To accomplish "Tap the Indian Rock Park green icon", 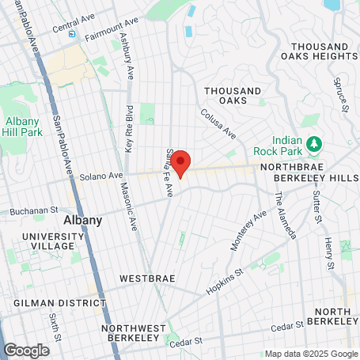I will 315,143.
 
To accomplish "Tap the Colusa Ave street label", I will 218,123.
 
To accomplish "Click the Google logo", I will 26,350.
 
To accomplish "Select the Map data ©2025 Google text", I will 310,354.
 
